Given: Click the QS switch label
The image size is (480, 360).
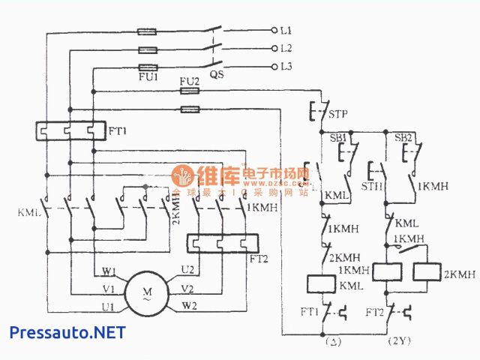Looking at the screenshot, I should (217, 75).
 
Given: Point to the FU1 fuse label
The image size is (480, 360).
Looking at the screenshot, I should (148, 76).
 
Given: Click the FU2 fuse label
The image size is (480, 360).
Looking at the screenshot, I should (190, 80).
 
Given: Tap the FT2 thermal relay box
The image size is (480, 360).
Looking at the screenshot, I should (222, 244).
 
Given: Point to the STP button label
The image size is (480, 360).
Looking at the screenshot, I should (339, 115).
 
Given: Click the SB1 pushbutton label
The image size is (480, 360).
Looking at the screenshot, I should (338, 139).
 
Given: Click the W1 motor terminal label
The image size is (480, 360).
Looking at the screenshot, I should (109, 271).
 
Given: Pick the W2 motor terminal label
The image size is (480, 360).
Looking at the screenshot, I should (188, 305).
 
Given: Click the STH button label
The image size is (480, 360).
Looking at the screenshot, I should (373, 185).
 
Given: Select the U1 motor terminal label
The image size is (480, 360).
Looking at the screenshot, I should (109, 306).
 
